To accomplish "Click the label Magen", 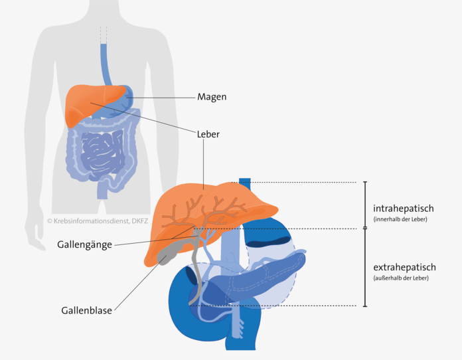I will pyautogui.click(x=212, y=97).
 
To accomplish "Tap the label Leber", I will pyautogui.click(x=208, y=134).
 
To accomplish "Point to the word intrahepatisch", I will pyautogui.click(x=403, y=209).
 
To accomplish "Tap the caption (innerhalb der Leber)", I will pyautogui.click(x=400, y=219).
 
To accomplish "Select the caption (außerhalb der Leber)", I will pyautogui.click(x=401, y=278).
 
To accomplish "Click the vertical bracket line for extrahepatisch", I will pyautogui.click(x=365, y=267).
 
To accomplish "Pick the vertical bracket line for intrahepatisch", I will pyautogui.click(x=365, y=205).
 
